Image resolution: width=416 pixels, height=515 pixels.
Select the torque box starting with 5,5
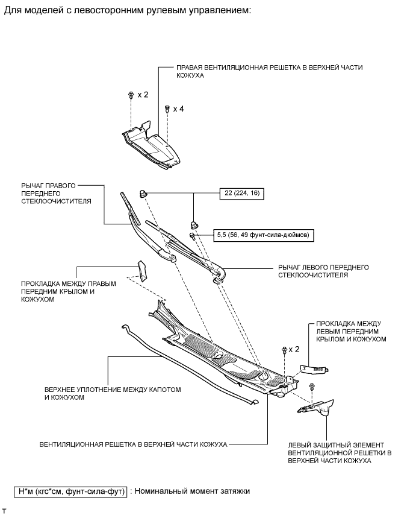[x=264, y=235]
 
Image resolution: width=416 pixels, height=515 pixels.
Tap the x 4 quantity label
[x=178, y=109]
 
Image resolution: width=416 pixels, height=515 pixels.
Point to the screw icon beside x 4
[x=167, y=109]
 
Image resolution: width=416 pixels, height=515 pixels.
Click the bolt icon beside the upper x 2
[x=131, y=95]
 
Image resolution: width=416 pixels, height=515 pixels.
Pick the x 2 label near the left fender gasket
[x=294, y=349]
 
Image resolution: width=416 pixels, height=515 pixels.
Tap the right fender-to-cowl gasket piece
[x=142, y=271]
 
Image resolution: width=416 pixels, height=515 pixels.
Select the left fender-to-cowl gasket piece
[x=315, y=369]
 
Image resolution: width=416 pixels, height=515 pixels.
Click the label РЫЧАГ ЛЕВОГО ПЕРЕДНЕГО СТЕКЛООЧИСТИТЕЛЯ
[x=323, y=271]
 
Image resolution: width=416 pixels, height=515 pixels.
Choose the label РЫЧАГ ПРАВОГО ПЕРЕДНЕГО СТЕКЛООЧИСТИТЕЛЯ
[x=56, y=194]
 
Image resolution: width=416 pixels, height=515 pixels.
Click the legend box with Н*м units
[x=70, y=491]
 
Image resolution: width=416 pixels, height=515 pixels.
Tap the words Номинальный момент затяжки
[x=193, y=491]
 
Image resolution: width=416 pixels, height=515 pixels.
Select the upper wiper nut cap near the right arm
[x=143, y=193]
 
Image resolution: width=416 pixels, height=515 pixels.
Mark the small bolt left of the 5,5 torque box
[x=193, y=235]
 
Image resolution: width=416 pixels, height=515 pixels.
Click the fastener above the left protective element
[x=311, y=386]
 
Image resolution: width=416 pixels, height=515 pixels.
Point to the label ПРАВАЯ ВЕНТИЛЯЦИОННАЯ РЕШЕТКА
[x=270, y=71]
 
